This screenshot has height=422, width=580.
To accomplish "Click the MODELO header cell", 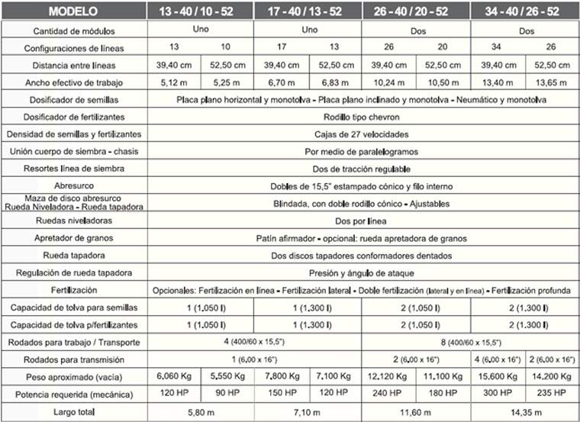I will pos(74,12).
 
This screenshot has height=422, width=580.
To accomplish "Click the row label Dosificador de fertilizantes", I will pos(74,117).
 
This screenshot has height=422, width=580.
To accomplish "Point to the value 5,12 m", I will pos(174,82).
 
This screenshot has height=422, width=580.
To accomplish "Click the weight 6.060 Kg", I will pos(174,377).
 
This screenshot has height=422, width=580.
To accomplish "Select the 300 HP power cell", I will pos(498,395).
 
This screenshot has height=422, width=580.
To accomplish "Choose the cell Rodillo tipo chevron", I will pos(361,117).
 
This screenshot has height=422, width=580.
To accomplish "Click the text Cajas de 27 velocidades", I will pos(361,134).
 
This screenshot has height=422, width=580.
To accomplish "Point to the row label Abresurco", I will pos(74,186).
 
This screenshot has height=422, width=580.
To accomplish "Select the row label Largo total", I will pos(74,412).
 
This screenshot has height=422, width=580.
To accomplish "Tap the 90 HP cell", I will pos(227,395).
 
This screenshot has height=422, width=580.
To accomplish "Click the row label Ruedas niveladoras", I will pos(74,221).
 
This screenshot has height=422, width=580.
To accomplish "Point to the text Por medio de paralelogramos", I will pos(361,151).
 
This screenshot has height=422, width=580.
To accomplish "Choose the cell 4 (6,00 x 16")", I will pos(498,359).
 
